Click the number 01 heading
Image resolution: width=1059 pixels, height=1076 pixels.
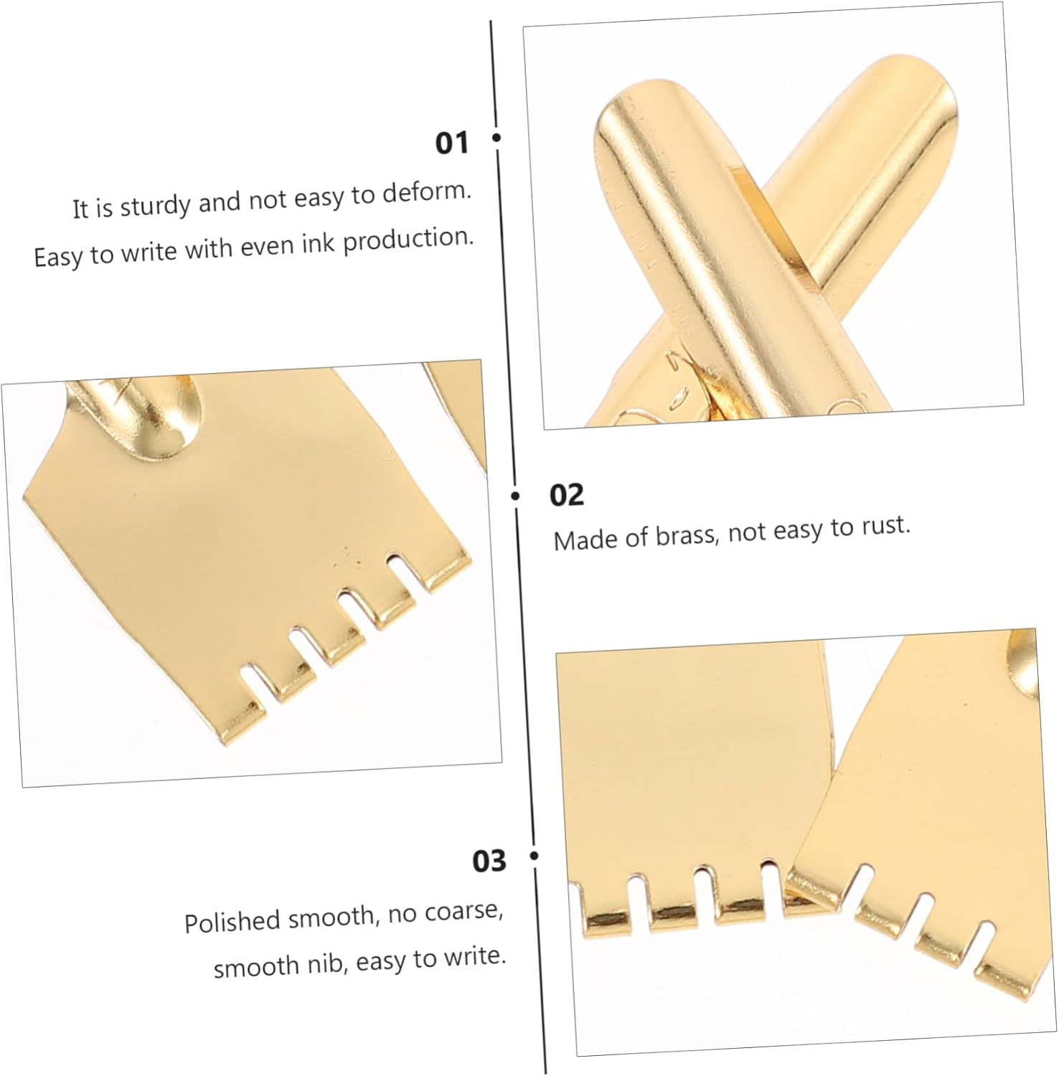pos(451,143)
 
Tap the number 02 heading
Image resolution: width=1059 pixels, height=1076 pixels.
pos(567,495)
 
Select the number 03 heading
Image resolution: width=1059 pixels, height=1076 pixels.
pos(489,861)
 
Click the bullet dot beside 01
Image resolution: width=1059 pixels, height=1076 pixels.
pos(496,136)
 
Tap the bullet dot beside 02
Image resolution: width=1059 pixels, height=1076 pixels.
pos(515,496)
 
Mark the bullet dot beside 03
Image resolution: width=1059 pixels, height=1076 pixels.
pos(534,856)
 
